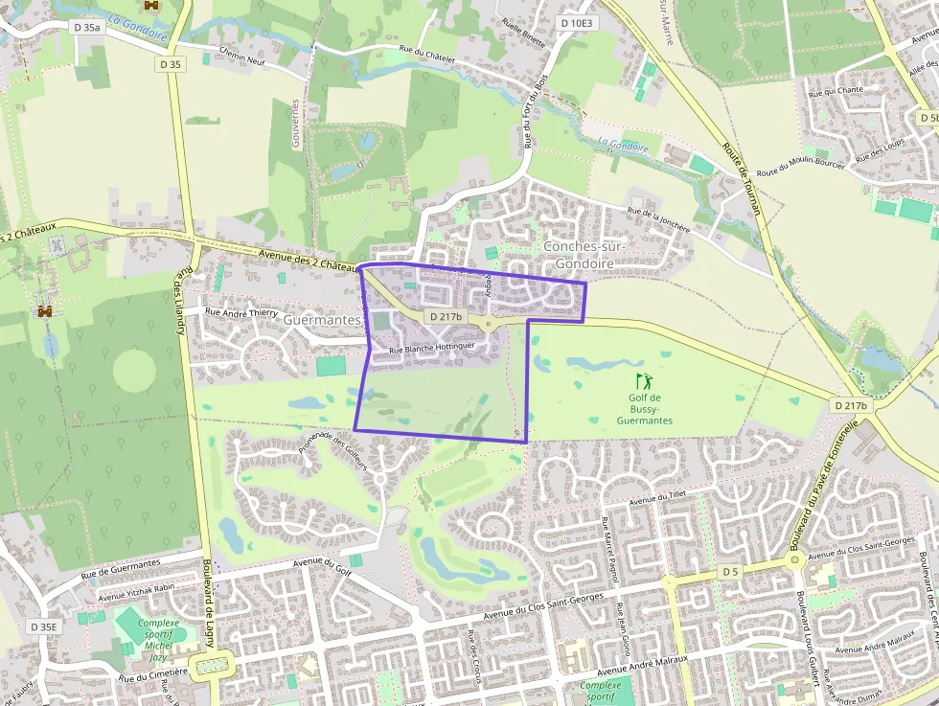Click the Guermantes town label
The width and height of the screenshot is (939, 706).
point(322,320)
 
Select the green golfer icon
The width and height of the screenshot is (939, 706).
point(642,381)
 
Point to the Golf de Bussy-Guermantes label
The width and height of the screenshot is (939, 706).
point(644,409)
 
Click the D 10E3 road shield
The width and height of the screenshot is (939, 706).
point(577,23)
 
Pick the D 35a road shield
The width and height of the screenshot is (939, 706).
point(86,28)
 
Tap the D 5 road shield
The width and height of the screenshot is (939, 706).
point(731,572)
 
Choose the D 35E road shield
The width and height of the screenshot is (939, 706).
point(44,626)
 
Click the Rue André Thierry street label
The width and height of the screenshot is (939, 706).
point(241,311)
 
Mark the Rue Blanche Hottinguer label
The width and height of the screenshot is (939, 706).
point(432,349)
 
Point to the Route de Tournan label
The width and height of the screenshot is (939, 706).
point(741,178)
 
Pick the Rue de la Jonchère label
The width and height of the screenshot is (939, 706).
point(658,221)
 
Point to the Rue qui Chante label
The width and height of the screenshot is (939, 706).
point(836,91)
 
